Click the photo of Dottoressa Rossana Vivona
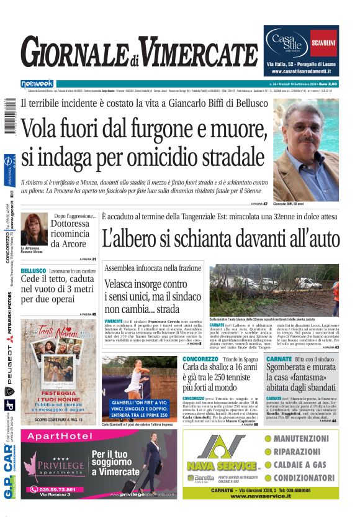click(34, 229)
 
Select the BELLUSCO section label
click(34, 271)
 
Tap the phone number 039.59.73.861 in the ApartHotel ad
click(53, 489)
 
